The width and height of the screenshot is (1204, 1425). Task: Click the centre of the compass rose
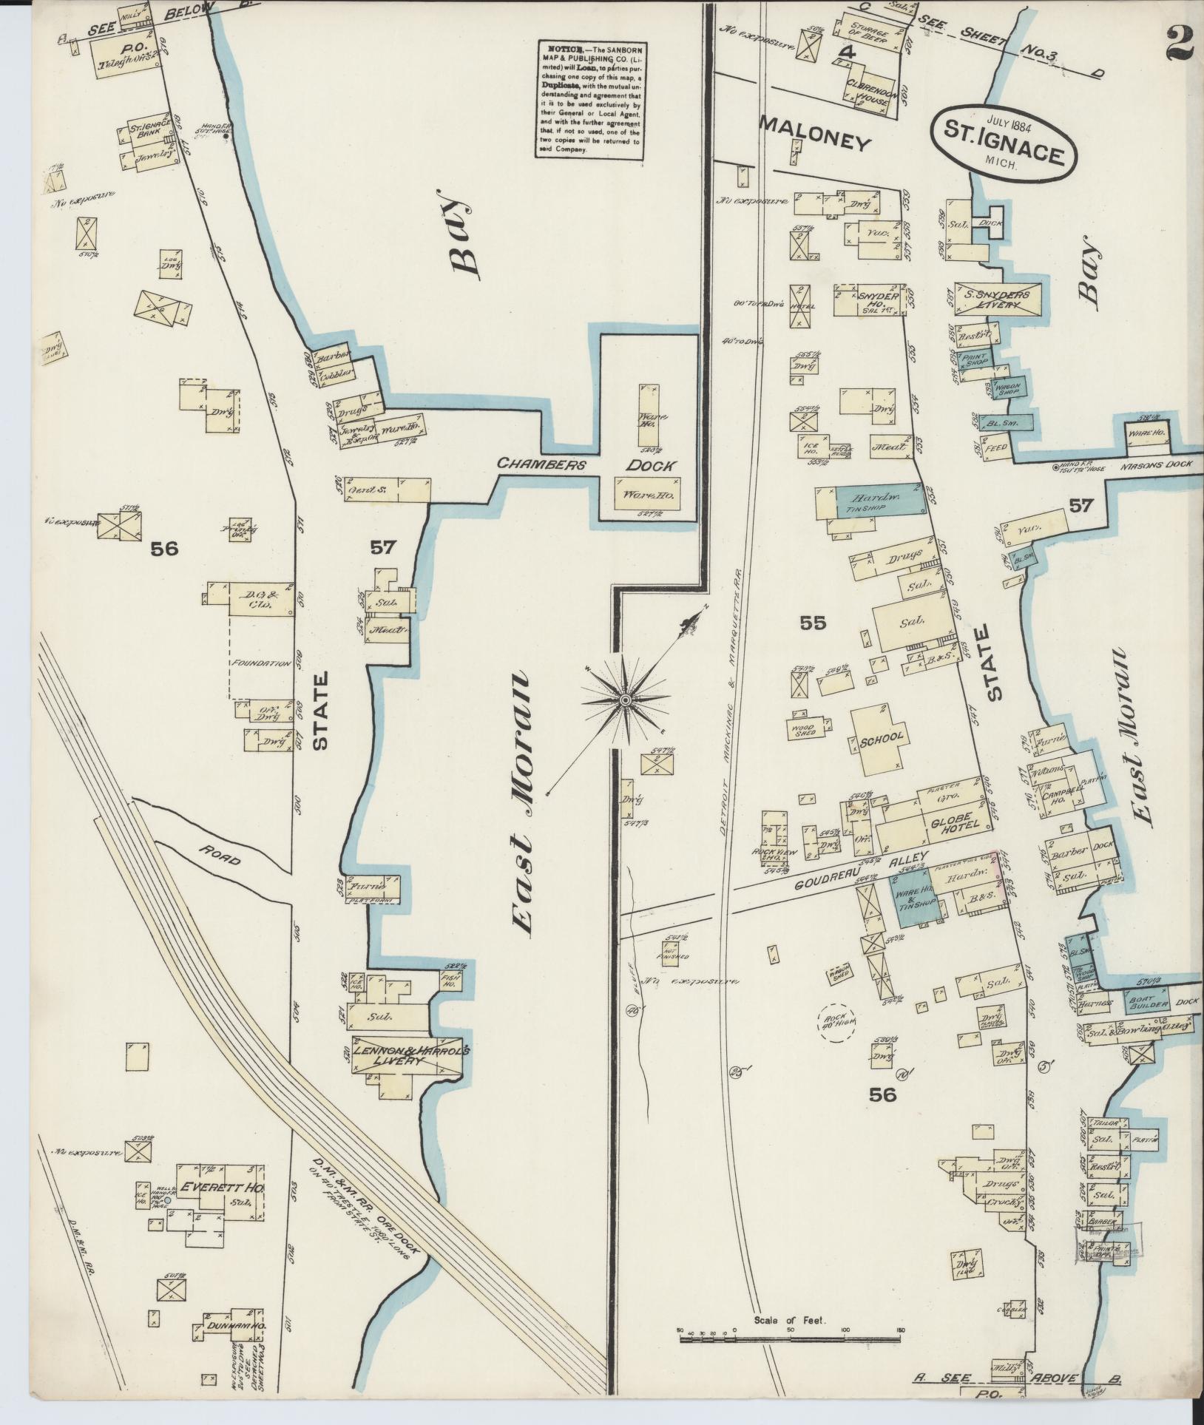coord(625,699)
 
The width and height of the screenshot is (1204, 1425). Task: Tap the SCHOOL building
coord(882,737)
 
